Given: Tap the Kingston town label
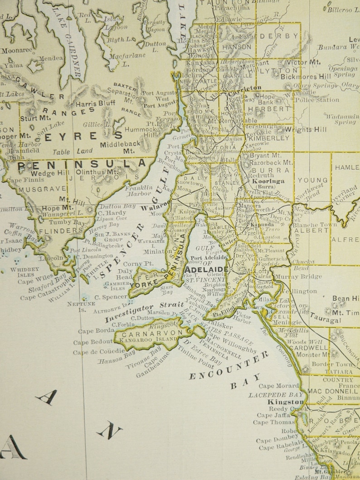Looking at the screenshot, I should pos(285,402).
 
